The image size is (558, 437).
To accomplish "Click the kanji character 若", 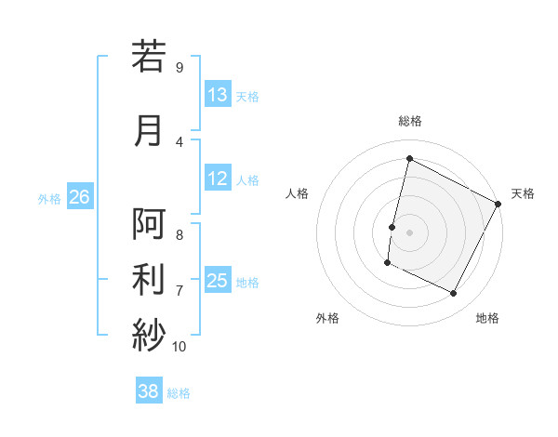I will pyautogui.click(x=149, y=57).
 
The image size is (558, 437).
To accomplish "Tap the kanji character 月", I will pyautogui.click(x=149, y=131).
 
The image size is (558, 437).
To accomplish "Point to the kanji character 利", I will pyautogui.click(x=149, y=278).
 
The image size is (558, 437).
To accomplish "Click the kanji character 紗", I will pyautogui.click(x=149, y=332).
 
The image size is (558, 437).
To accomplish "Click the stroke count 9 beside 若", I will pyautogui.click(x=179, y=67).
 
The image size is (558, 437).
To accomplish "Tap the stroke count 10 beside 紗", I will pyautogui.click(x=179, y=346).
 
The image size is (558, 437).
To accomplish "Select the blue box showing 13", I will pyautogui.click(x=218, y=95).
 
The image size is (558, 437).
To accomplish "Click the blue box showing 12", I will pyautogui.click(x=218, y=179).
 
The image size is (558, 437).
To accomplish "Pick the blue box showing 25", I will pyautogui.click(x=218, y=281).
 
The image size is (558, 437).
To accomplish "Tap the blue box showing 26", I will pyautogui.click(x=79, y=197).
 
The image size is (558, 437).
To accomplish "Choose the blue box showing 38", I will pyautogui.click(x=149, y=391).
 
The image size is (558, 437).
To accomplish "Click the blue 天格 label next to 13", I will pyautogui.click(x=247, y=96).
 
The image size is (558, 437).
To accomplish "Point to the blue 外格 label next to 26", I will pyautogui.click(x=49, y=198).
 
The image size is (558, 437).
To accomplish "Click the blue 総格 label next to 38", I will pyautogui.click(x=179, y=392).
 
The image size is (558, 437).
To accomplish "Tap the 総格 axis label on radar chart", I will pyautogui.click(x=409, y=121).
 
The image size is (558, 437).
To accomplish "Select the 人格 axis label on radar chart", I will pyautogui.click(x=298, y=193).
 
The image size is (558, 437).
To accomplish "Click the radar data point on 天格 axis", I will pyautogui.click(x=498, y=204).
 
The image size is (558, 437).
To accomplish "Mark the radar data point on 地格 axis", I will pyautogui.click(x=454, y=294).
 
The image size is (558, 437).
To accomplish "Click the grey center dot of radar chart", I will pyautogui.click(x=409, y=232).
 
